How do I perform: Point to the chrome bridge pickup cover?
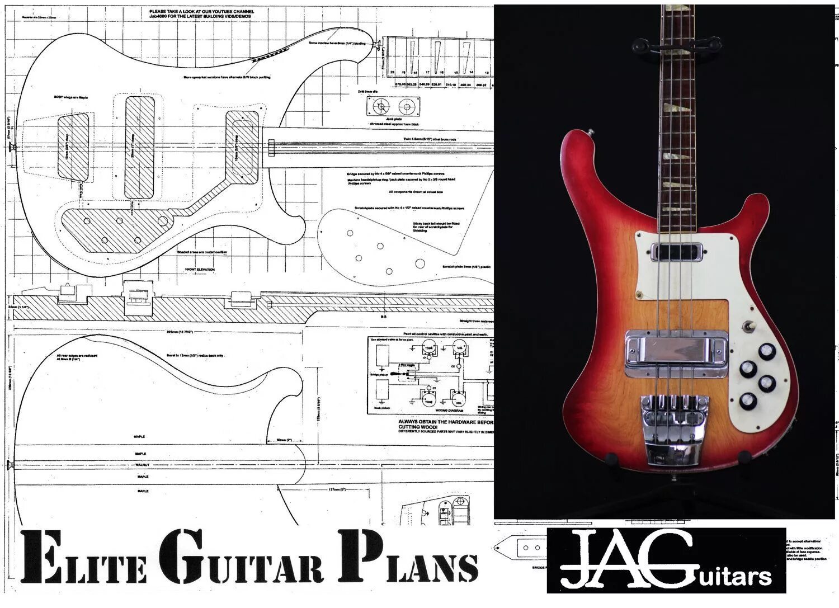point(676,350)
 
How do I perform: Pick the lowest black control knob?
point(748,401)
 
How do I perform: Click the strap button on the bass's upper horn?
point(591,132)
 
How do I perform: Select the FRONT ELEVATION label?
point(200,270)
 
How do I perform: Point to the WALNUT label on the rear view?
point(140,465)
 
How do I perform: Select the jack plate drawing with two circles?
point(393,107)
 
